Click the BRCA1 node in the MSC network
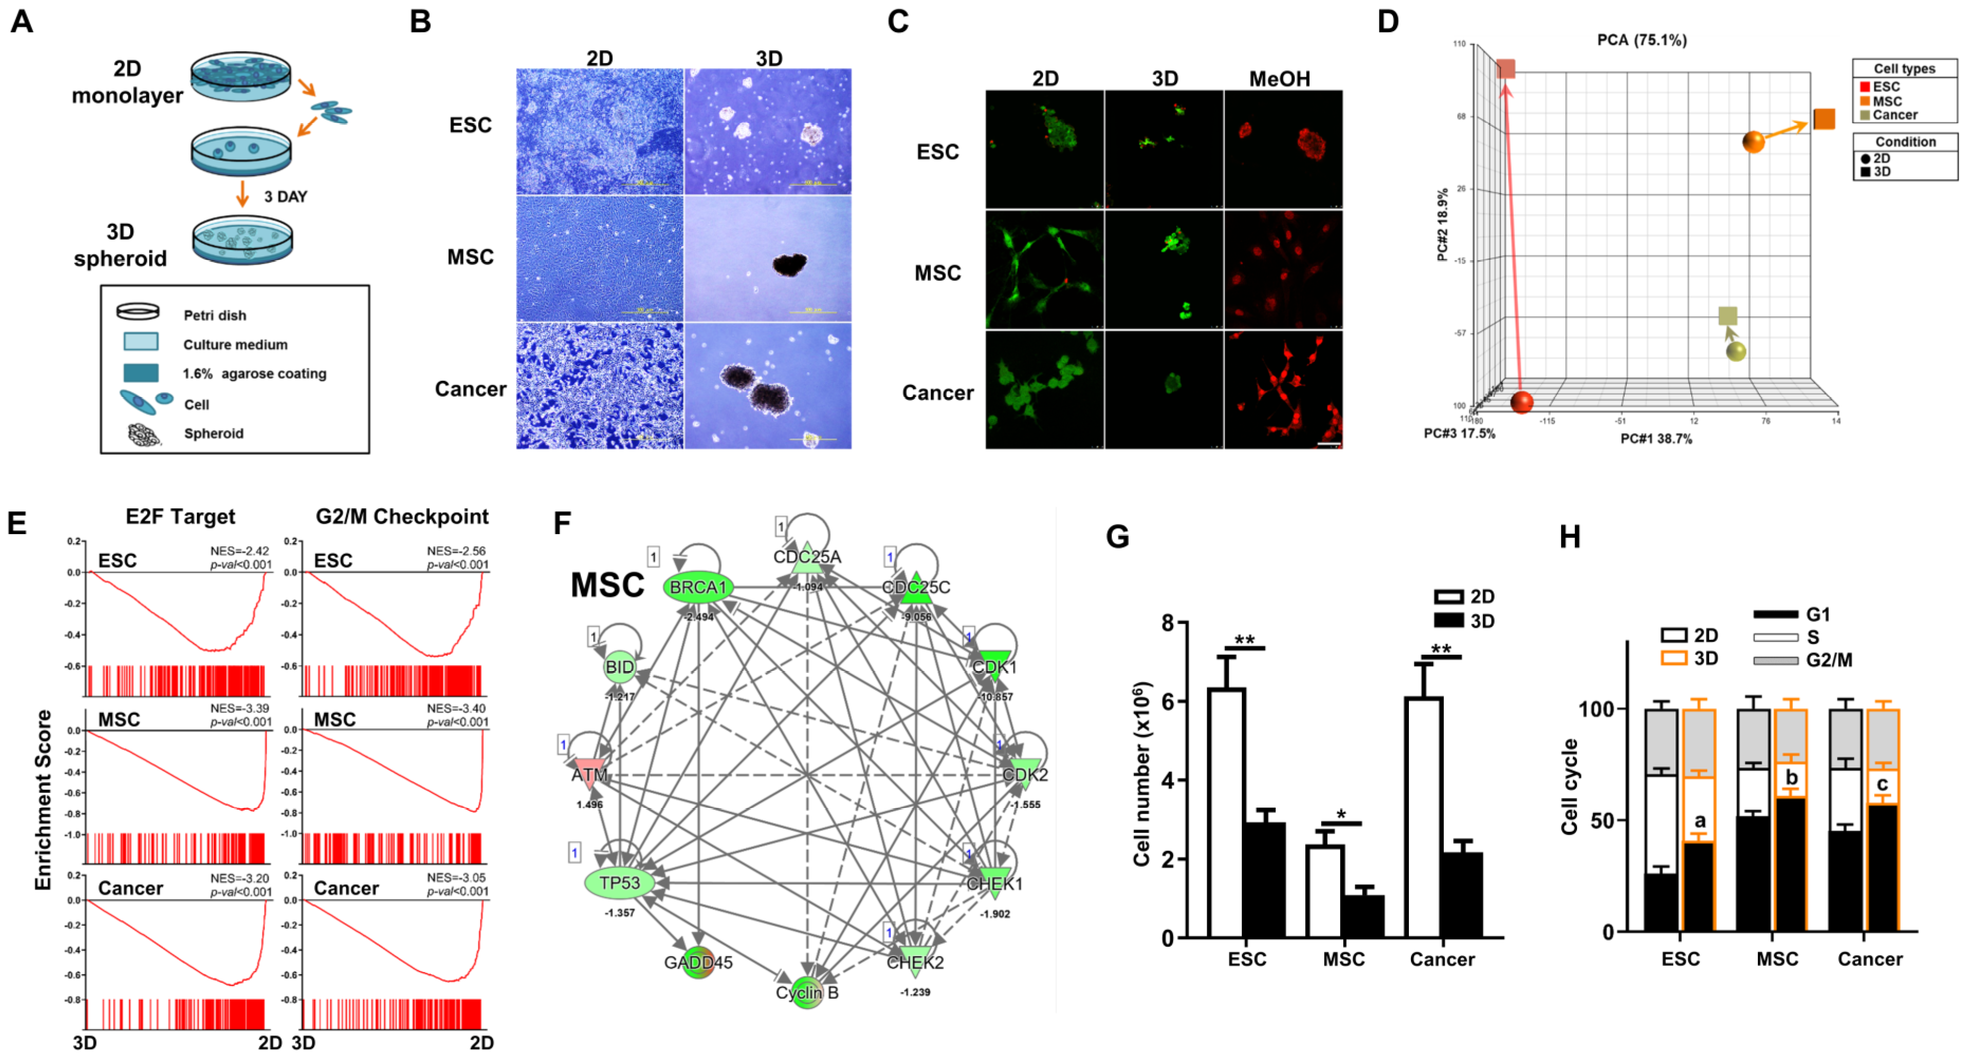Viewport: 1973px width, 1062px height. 698,587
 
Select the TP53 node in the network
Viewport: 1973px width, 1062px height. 620,883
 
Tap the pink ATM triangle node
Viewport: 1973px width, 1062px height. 589,772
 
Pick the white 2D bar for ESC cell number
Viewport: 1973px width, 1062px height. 1226,812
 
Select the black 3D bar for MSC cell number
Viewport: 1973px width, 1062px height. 1362,915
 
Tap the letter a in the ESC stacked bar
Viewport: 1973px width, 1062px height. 1700,821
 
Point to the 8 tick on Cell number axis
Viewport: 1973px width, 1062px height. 1168,622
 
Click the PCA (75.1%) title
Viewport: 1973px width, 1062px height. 1642,40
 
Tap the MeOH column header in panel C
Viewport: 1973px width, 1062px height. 1279,78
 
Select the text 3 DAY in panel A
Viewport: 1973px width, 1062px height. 285,197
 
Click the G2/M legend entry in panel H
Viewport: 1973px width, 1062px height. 1828,660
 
